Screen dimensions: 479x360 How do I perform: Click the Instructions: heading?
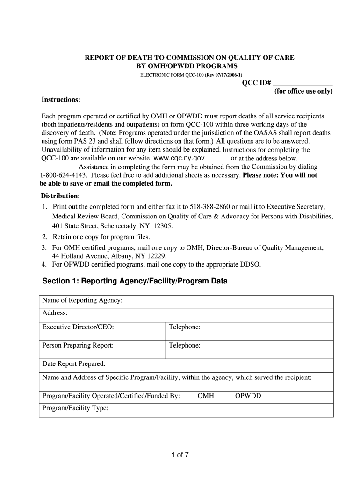pos(61,100)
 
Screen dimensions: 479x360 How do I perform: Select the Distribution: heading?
pos(60,196)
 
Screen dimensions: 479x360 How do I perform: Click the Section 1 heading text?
pos(135,281)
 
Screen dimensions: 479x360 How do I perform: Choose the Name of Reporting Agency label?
pos(82,300)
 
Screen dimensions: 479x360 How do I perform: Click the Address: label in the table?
pos(55,313)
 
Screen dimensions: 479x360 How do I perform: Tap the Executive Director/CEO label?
pos(78,327)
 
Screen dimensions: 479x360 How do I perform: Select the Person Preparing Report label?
pos(78,346)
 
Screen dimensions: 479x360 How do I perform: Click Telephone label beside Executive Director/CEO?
pos(185,327)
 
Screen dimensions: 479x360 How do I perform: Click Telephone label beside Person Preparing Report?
pos(185,346)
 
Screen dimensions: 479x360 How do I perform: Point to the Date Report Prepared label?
pos(74,363)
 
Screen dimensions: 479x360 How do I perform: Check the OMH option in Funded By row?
pos(206,396)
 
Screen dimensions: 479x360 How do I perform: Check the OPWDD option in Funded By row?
pos(248,396)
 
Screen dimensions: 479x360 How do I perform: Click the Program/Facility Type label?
pos(75,408)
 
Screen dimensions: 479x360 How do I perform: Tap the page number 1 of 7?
pos(180,454)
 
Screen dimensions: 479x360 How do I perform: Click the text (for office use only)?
pos(303,91)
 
